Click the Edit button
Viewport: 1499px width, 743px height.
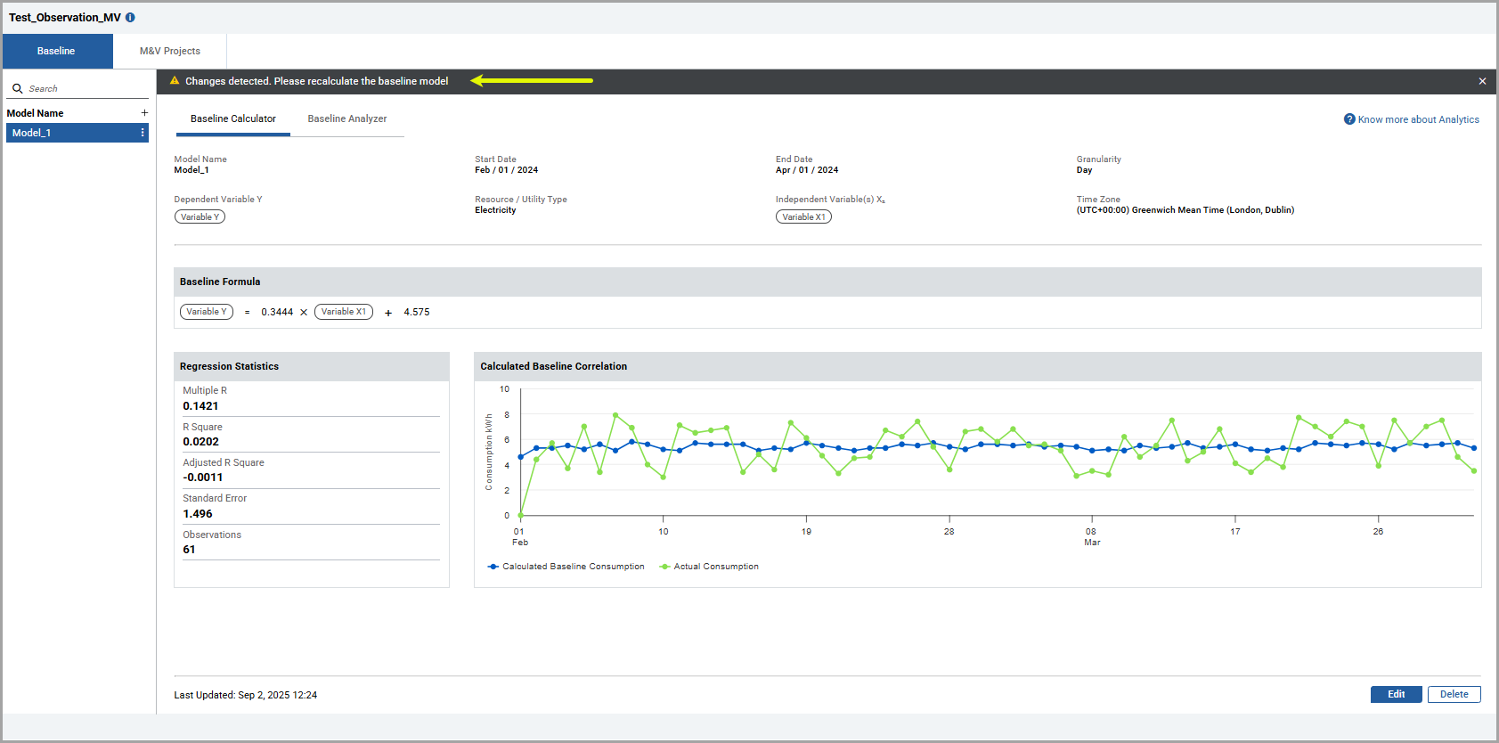pos(1396,694)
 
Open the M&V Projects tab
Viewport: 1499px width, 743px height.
pos(170,51)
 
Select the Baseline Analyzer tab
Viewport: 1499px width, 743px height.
pos(346,118)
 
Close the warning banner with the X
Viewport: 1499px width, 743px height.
pos(1482,81)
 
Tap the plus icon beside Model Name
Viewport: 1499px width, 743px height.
pos(144,113)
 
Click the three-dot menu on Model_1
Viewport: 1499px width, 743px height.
pos(143,133)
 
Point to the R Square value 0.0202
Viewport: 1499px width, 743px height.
pos(200,442)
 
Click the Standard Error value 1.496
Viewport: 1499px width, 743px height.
pos(198,514)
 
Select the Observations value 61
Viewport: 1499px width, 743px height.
pos(190,550)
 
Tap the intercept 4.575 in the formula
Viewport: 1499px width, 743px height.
pos(416,312)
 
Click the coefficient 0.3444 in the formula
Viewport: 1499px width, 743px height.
pos(277,312)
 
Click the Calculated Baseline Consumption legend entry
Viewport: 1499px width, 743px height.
pos(566,567)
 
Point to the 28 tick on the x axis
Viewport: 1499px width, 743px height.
pos(949,532)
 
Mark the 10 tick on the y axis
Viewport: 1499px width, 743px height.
pos(505,389)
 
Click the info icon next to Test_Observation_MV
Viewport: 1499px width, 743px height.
pos(131,18)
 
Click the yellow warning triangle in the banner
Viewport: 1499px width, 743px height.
pos(175,80)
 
